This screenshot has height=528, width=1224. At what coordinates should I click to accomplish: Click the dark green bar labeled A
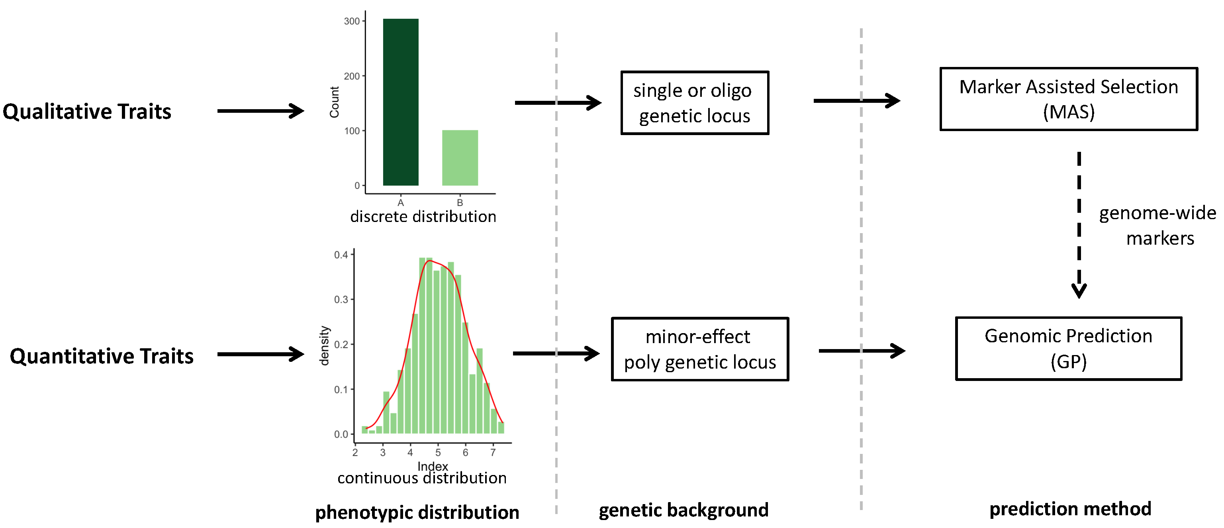click(x=401, y=102)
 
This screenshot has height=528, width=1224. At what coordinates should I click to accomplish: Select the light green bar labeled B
click(x=460, y=158)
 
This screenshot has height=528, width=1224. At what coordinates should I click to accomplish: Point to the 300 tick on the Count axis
click(x=352, y=22)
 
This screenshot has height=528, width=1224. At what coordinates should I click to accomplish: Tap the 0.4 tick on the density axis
click(x=341, y=255)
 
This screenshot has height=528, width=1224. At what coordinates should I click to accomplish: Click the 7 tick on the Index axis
click(x=493, y=452)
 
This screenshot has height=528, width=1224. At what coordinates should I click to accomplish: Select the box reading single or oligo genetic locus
click(x=694, y=103)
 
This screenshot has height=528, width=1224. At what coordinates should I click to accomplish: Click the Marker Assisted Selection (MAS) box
click(x=1068, y=99)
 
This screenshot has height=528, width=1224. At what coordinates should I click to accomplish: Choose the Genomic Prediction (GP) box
click(x=1068, y=348)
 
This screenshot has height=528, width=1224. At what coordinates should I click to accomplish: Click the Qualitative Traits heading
click(x=87, y=112)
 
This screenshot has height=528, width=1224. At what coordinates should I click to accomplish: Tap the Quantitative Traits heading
click(x=102, y=356)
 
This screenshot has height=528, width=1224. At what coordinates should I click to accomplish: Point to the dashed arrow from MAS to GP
click(x=1079, y=224)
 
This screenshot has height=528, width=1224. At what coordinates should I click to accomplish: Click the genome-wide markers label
click(x=1157, y=225)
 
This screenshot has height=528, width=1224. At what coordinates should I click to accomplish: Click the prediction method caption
click(x=1070, y=509)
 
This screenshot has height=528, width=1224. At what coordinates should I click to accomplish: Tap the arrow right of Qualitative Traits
click(x=260, y=111)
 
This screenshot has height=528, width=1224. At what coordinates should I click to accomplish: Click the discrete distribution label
click(x=423, y=217)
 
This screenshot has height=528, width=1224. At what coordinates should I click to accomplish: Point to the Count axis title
click(x=335, y=102)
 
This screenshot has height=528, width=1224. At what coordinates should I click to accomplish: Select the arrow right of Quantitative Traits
click(x=260, y=354)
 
